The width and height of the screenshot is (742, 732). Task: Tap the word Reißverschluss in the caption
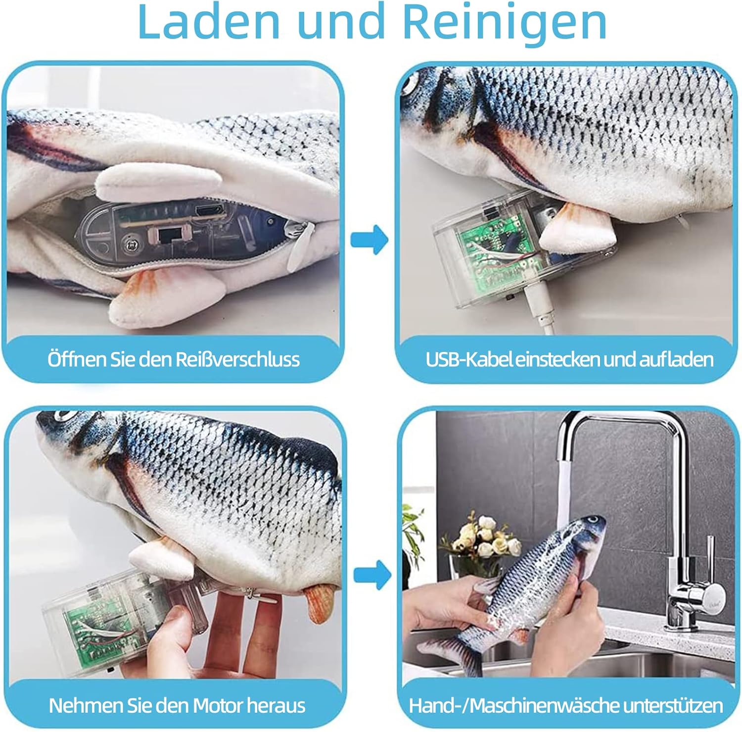(x=238, y=359)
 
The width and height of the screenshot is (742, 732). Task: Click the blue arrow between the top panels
(x=370, y=239)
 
